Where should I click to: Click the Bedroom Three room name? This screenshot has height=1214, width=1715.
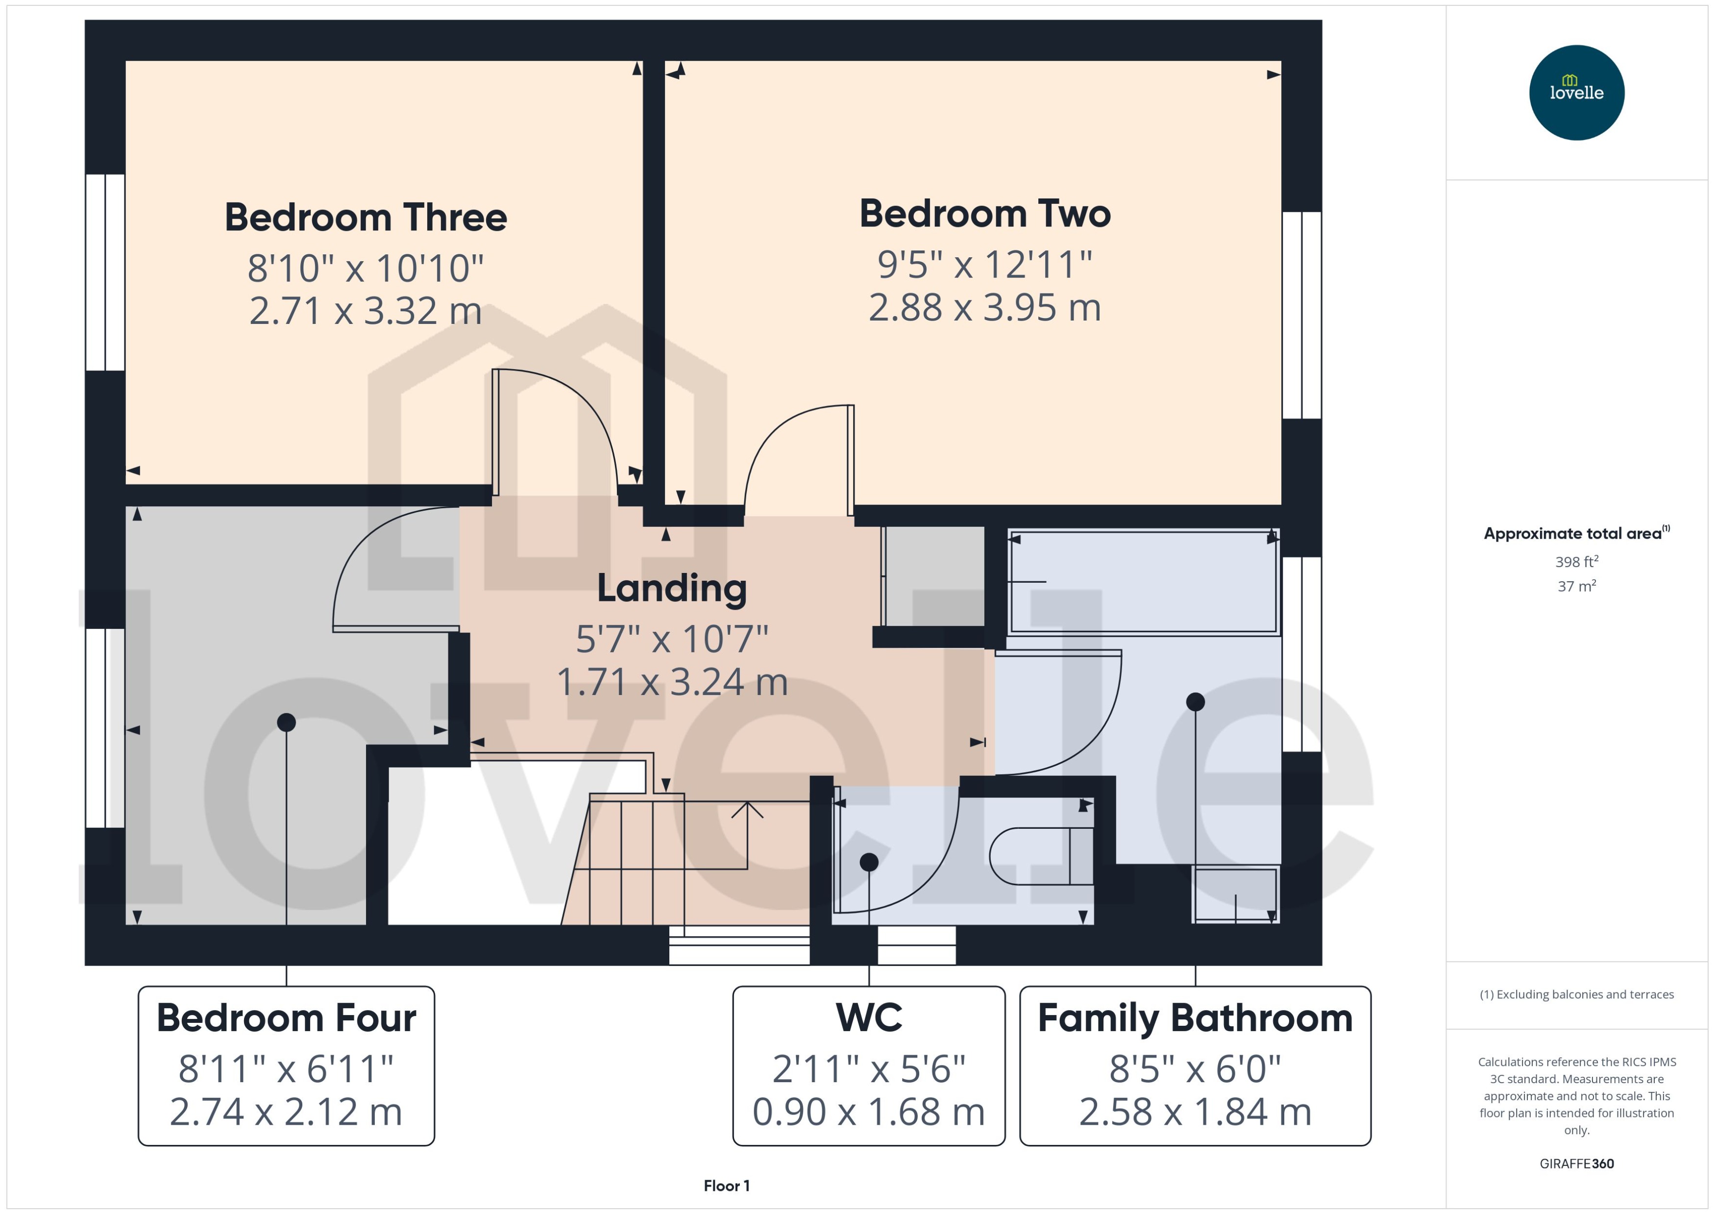point(366,218)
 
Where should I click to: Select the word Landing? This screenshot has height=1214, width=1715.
point(672,588)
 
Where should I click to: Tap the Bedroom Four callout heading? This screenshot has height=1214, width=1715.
point(286,1018)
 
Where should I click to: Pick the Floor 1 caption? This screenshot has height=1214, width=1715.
point(726,1186)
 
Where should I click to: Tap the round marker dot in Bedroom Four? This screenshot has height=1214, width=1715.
point(286,722)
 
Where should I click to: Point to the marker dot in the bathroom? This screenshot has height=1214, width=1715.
point(1195,701)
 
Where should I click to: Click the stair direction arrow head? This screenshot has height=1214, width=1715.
point(747,809)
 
